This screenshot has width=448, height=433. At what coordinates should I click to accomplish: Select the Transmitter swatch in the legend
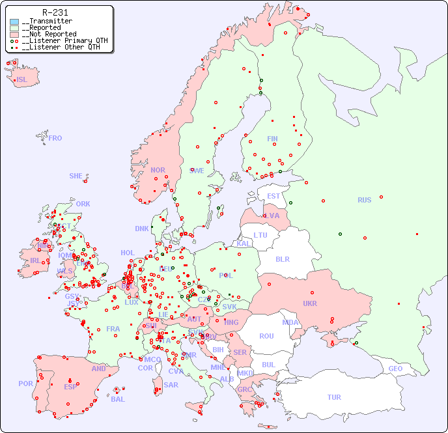(x=14, y=21)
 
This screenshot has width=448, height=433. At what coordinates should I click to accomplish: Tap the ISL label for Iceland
(x=22, y=80)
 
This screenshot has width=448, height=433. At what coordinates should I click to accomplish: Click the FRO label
(x=55, y=138)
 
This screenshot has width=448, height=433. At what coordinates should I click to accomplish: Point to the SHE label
(x=76, y=176)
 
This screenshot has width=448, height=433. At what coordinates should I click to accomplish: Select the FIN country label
(x=272, y=139)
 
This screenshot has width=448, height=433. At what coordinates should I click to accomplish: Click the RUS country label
(x=364, y=200)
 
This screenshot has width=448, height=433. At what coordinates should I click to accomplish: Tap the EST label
(x=273, y=196)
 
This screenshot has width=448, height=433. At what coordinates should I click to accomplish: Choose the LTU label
(x=260, y=235)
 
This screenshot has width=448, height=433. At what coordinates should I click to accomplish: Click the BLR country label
(x=283, y=258)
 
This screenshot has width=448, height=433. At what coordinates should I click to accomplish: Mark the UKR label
(x=309, y=303)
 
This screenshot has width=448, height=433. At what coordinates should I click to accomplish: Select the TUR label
(x=334, y=397)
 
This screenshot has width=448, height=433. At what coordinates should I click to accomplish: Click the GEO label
(x=395, y=369)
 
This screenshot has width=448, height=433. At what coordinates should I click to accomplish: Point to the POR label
(x=25, y=384)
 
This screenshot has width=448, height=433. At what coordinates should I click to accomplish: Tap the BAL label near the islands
(x=118, y=399)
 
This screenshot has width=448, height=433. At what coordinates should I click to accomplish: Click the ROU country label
(x=266, y=336)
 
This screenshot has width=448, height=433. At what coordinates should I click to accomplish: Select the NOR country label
(x=158, y=170)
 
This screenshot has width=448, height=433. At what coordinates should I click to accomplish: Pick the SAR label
(x=171, y=385)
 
